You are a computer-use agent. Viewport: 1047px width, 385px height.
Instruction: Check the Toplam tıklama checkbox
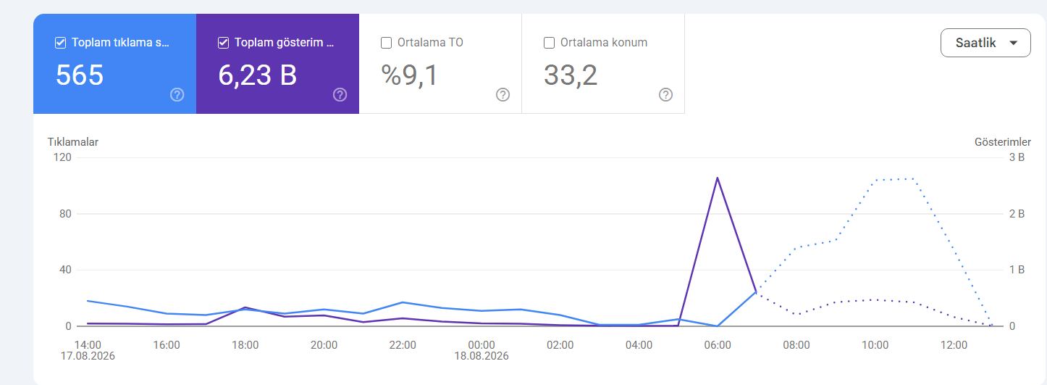coord(60,43)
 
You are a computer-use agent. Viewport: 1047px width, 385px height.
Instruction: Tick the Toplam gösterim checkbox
coord(224,43)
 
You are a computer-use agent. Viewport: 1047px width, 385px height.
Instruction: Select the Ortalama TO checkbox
coord(386,43)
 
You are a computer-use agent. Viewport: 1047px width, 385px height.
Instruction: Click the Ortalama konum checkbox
coord(550,43)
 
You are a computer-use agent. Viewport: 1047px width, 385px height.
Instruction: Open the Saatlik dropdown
coord(985,43)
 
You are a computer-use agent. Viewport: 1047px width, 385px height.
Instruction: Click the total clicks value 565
coord(80,75)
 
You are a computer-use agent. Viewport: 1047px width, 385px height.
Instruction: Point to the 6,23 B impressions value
coord(258,75)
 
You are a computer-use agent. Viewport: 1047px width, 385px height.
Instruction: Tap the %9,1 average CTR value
coord(409,75)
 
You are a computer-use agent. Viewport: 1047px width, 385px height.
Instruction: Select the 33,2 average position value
coord(571,75)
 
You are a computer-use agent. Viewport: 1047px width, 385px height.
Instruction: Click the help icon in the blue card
coord(177,95)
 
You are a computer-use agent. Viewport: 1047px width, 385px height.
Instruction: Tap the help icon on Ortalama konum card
coord(665,95)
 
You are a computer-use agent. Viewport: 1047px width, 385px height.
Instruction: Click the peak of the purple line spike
coord(718,178)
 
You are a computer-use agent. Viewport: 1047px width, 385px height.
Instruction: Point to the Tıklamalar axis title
coord(73,141)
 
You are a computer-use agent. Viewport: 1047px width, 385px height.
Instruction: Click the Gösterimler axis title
coord(1003,141)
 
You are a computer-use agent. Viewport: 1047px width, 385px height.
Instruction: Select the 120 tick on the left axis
coord(63,157)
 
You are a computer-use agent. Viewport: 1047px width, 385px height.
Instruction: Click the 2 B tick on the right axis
coord(1017,214)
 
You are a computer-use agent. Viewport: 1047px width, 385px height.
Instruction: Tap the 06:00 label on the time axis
coord(718,345)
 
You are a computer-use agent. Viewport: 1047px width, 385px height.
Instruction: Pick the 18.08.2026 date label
coord(482,356)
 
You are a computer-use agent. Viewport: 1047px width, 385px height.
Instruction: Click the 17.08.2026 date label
coord(88,356)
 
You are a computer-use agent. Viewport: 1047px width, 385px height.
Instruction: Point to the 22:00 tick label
coord(403,345)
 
